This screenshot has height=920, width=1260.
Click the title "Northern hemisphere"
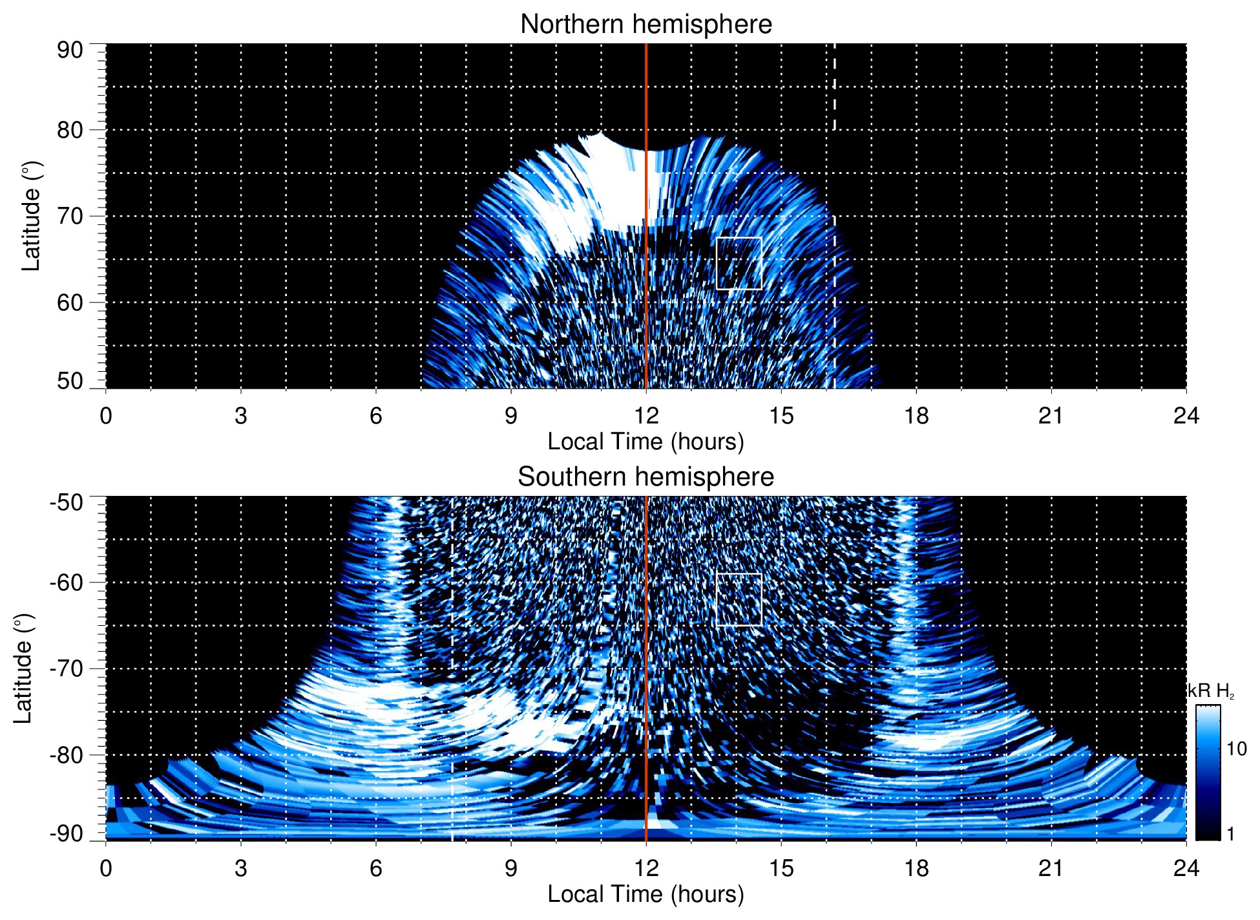coord(646,25)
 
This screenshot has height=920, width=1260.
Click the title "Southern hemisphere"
coord(646,477)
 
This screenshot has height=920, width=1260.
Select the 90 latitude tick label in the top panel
coord(70,50)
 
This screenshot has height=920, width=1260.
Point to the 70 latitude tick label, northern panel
coord(70,216)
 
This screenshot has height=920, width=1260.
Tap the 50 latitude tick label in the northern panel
coord(70,381)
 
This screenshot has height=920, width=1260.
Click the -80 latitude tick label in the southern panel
coord(67,754)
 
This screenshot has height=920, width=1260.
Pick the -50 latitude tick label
coord(67,502)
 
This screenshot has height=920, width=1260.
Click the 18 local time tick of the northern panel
coord(916,416)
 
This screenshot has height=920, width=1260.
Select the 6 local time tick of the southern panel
coord(376,868)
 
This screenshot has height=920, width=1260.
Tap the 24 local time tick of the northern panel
coord(1186,416)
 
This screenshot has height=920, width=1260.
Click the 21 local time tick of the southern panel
coord(1051,868)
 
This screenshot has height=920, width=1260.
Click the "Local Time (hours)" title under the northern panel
coord(646,442)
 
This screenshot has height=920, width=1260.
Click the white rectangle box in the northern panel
coord(739,238)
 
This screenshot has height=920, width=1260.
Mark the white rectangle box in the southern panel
coord(739,574)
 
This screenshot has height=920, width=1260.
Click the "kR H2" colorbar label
coord(1211,691)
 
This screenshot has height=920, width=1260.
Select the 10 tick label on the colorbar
coord(1236,749)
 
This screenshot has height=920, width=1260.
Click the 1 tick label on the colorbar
coord(1230,834)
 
